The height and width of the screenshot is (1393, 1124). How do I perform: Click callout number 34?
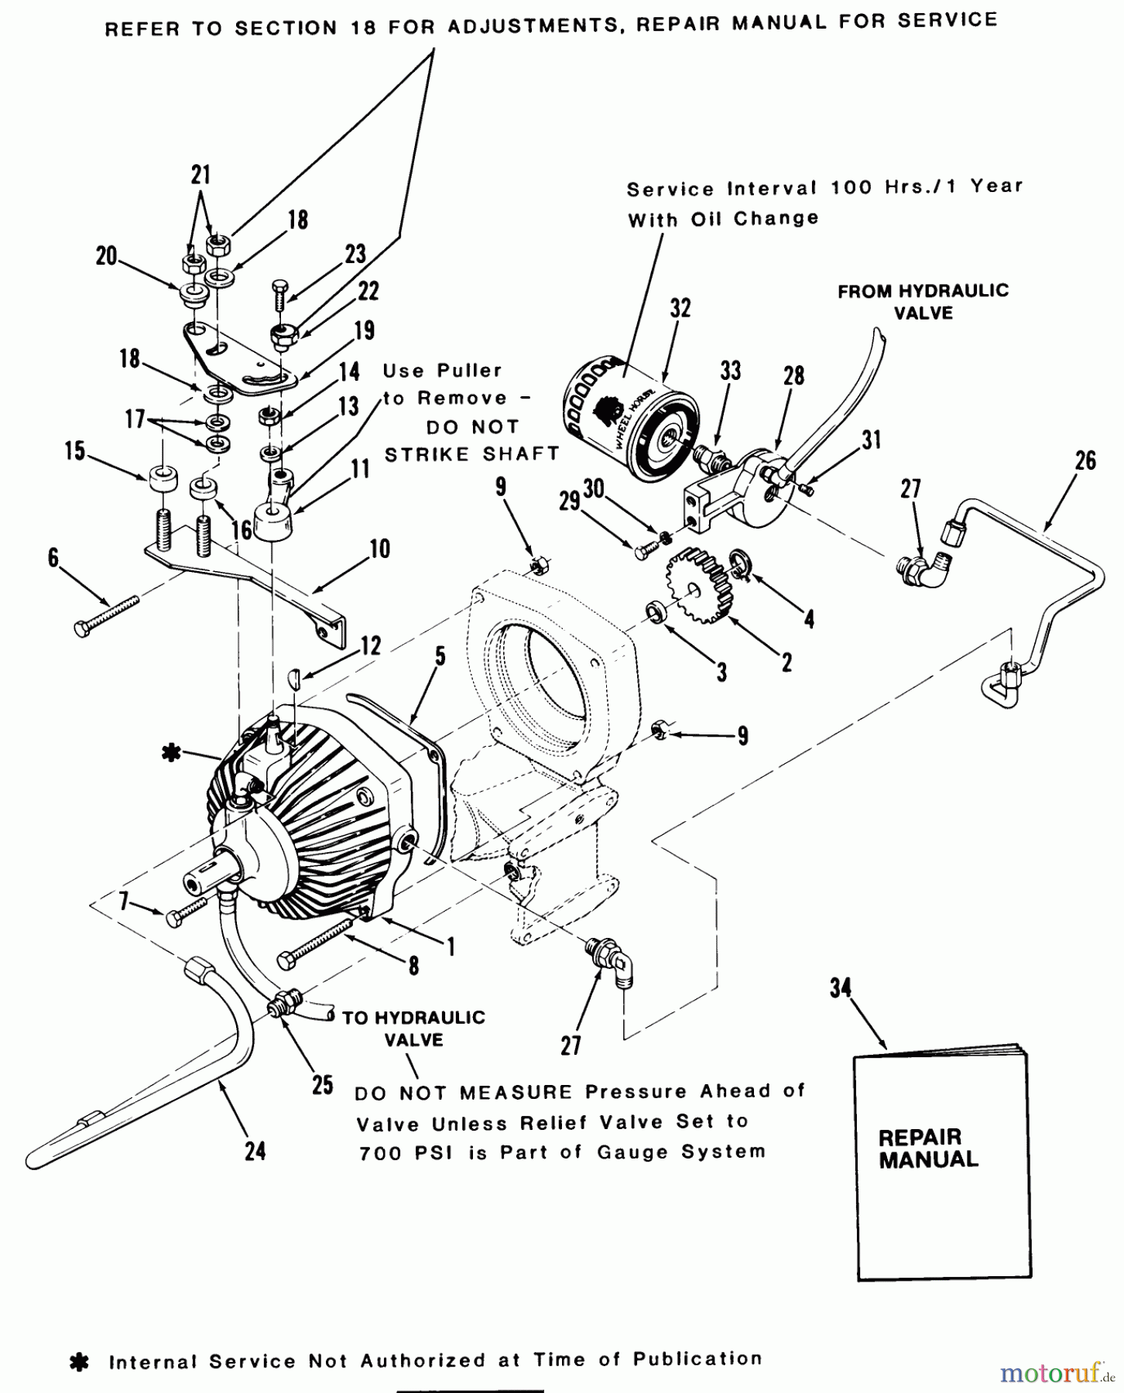840,988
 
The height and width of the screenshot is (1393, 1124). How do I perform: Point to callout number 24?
255,1152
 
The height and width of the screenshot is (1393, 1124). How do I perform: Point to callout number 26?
1085,460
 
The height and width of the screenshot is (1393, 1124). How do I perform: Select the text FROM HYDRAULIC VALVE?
923,302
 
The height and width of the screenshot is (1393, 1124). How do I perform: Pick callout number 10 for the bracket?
379,549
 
